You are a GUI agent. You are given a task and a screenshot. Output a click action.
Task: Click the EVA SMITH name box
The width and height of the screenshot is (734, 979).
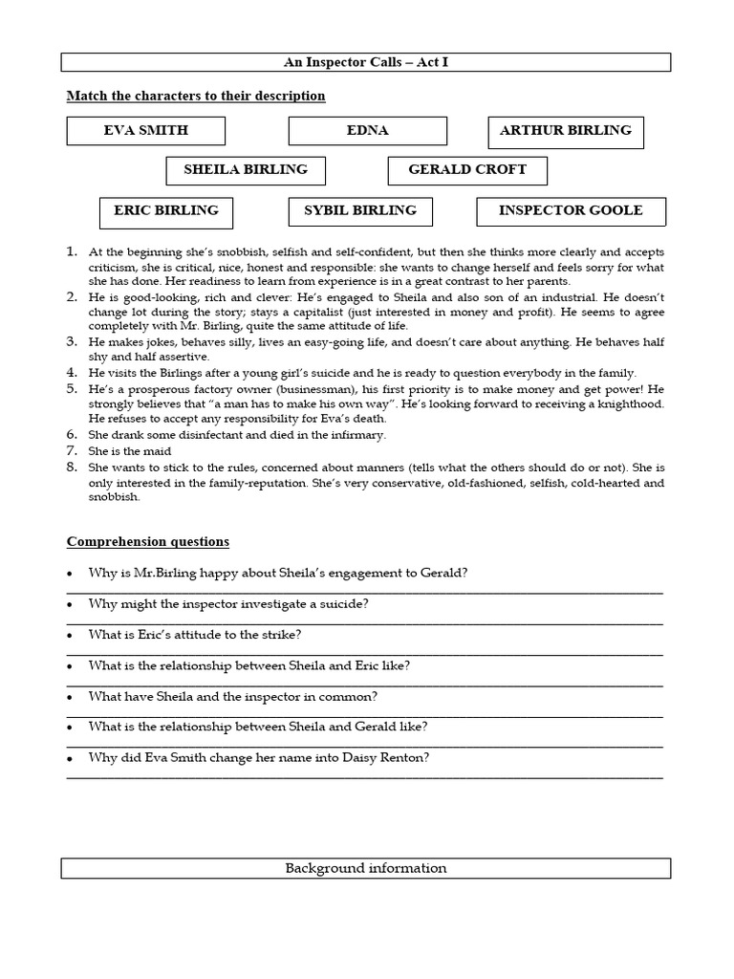tap(145, 131)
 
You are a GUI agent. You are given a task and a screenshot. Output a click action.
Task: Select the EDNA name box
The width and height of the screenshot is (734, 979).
tap(367, 131)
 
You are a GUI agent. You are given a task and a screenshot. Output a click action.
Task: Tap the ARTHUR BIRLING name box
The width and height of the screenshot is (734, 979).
tap(565, 131)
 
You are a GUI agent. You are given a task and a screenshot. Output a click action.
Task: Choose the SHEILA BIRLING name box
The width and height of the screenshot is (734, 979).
tap(245, 170)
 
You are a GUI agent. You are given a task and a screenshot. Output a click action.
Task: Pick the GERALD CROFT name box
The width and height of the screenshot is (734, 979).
tap(467, 170)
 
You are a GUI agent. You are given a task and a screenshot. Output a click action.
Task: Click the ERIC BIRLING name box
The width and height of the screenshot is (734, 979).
tap(165, 210)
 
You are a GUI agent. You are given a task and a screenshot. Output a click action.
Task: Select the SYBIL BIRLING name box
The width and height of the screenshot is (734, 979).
tap(359, 210)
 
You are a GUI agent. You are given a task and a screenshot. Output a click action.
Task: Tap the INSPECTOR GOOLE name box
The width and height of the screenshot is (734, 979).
tap(571, 210)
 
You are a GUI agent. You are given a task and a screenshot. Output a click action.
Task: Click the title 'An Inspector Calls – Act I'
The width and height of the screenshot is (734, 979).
tap(366, 62)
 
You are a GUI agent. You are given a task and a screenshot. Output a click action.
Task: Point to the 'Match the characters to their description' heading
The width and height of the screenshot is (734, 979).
tap(195, 96)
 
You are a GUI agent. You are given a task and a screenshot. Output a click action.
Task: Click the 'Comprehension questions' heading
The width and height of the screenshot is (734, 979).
tap(147, 541)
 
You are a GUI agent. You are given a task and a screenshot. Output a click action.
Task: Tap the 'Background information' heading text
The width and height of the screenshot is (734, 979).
tap(366, 868)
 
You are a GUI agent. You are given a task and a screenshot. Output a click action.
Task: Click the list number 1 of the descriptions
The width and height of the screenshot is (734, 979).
tap(72, 251)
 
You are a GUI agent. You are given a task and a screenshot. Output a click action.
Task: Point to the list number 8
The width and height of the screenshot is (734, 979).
tap(72, 467)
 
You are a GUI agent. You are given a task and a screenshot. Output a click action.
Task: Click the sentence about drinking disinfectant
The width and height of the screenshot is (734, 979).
tap(237, 434)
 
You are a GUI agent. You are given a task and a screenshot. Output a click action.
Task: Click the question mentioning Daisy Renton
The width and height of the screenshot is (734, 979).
tap(258, 757)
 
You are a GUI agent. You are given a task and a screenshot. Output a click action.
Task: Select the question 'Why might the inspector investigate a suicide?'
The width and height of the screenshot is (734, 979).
tap(228, 604)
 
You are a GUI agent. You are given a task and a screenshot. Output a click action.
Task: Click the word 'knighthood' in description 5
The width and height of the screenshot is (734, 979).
tap(624, 404)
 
